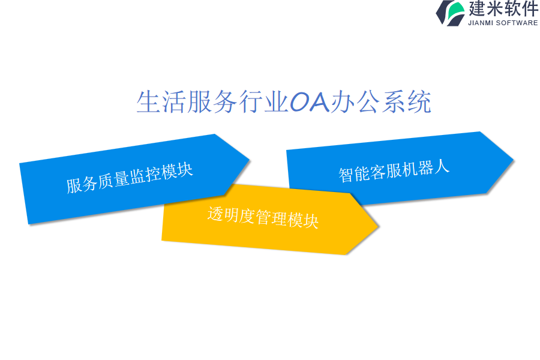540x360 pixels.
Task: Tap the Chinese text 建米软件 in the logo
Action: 503,8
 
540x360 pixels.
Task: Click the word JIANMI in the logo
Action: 481,23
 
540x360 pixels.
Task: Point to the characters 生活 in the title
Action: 161,102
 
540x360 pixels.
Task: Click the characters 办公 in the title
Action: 355,102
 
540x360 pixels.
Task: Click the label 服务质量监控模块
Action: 130,178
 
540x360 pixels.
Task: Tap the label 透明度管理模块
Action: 263,217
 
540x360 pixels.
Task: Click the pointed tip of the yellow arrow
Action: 379,226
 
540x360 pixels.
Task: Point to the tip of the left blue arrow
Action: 249,160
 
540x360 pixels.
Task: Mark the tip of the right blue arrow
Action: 514,160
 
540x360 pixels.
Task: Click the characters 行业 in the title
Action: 263,102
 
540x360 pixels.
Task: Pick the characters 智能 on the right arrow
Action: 354,173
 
